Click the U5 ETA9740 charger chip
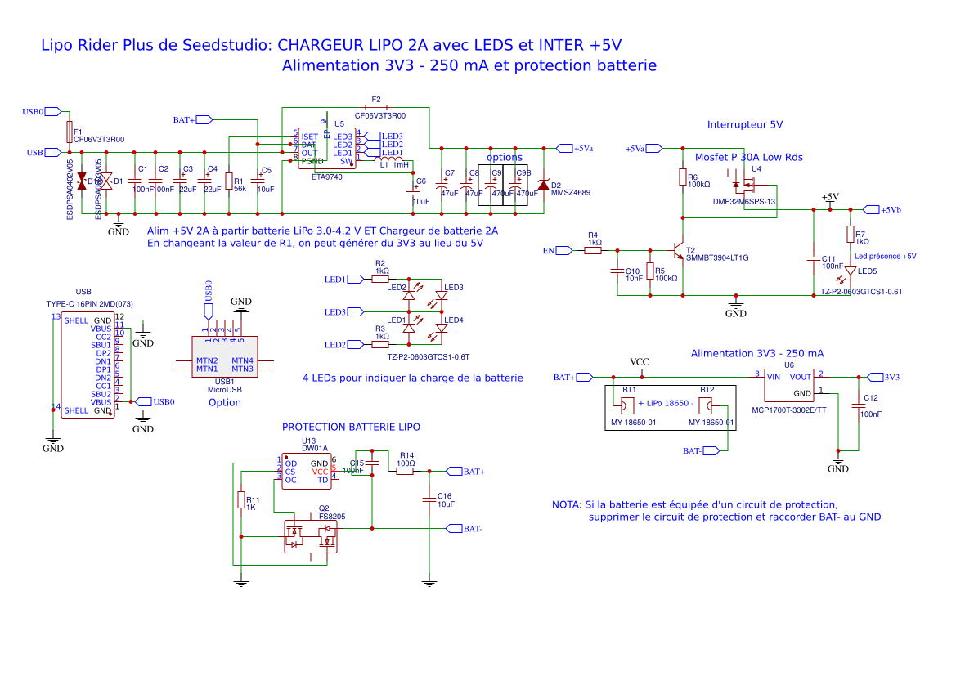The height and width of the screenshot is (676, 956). tap(326, 148)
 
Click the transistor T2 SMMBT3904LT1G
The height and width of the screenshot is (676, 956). tap(678, 248)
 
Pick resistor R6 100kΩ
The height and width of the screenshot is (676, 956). tap(682, 178)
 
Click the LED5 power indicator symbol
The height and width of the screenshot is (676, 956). tap(851, 271)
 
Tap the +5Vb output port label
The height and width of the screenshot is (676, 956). tap(884, 210)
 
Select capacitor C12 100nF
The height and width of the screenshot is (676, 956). tap(859, 406)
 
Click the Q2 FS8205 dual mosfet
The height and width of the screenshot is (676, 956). tap(310, 536)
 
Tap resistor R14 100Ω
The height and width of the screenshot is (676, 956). tap(406, 472)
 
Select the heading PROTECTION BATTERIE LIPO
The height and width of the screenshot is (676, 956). tap(351, 427)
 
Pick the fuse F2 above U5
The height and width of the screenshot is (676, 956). tap(376, 107)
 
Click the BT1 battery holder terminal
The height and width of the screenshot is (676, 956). tap(626, 405)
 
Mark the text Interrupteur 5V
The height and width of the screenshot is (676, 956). tap(744, 124)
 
